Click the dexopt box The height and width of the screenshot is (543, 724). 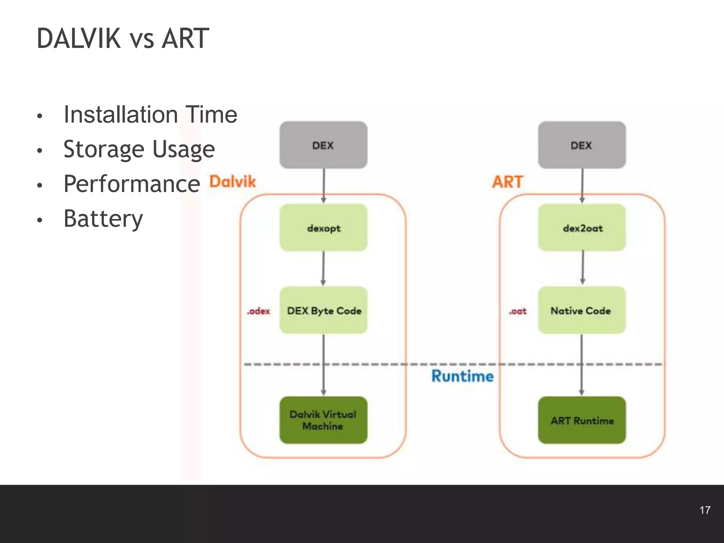(323, 228)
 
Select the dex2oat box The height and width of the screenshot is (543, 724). (582, 228)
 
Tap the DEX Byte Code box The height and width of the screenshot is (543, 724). (323, 310)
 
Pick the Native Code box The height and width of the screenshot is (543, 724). (582, 310)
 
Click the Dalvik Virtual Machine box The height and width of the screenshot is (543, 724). (323, 420)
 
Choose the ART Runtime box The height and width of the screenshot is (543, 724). (582, 420)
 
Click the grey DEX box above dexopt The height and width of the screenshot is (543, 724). (323, 145)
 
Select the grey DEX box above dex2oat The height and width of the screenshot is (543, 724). (582, 145)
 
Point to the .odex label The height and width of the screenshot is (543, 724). (258, 311)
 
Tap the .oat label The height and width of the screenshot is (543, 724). (518, 311)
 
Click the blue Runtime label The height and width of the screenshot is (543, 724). (462, 376)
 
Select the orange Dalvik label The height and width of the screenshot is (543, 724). (232, 181)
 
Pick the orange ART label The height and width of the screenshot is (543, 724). (508, 182)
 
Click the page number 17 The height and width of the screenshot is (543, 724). (705, 510)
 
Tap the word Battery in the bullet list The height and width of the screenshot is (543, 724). (103, 218)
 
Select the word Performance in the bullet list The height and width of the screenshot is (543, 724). (132, 184)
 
